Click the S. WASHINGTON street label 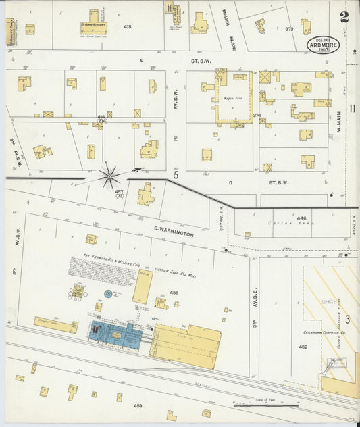[173, 234]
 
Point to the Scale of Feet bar [265, 405]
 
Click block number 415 [128, 27]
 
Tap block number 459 [138, 406]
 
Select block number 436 [302, 347]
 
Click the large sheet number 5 [175, 175]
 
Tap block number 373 [289, 29]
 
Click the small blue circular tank [108, 294]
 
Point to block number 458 [174, 293]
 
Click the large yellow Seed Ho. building [184, 345]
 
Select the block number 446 [301, 218]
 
